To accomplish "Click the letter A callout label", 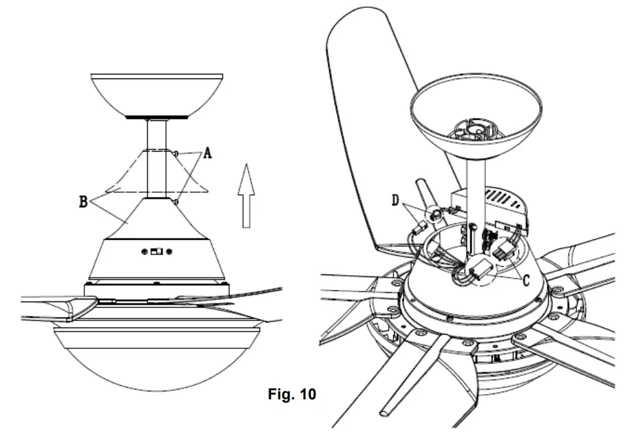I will tap(208, 154).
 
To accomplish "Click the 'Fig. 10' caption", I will tap(292, 395).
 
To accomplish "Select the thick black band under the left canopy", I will tap(157, 118).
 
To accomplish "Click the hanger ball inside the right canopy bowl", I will tap(476, 127).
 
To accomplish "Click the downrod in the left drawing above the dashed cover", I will tap(157, 134).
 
